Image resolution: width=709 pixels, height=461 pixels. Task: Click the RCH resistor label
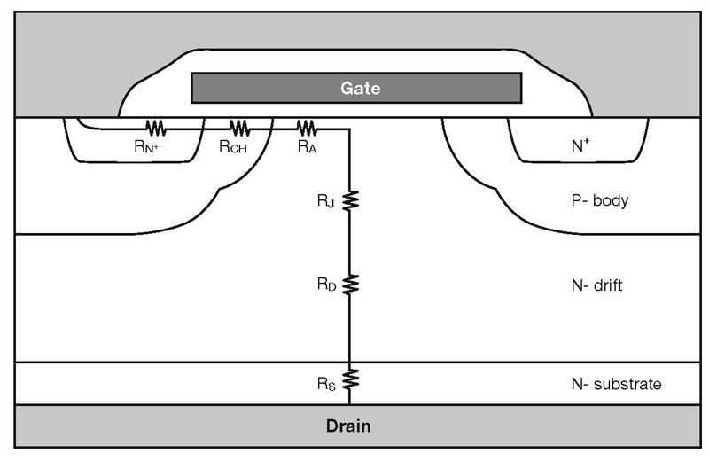[237, 147]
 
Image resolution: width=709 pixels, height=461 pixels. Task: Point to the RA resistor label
[307, 147]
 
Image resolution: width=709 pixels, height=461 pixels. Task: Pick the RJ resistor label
[326, 202]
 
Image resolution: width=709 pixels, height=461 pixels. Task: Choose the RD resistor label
[326, 285]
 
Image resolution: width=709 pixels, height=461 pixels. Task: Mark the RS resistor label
[326, 384]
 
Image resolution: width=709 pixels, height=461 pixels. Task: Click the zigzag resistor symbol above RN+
[156, 127]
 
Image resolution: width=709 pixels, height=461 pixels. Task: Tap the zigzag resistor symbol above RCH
[239, 127]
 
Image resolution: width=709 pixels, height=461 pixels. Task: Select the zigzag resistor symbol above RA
[306, 127]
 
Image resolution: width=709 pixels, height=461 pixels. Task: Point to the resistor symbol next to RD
[350, 283]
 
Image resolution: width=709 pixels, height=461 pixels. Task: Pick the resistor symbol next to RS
[350, 379]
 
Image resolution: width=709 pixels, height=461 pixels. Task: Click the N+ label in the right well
[581, 142]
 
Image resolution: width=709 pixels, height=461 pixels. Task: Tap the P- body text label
[600, 200]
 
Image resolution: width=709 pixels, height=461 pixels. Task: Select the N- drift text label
[598, 285]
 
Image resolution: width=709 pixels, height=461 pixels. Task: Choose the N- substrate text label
[615, 384]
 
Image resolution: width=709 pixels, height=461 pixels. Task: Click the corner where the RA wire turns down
[350, 128]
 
